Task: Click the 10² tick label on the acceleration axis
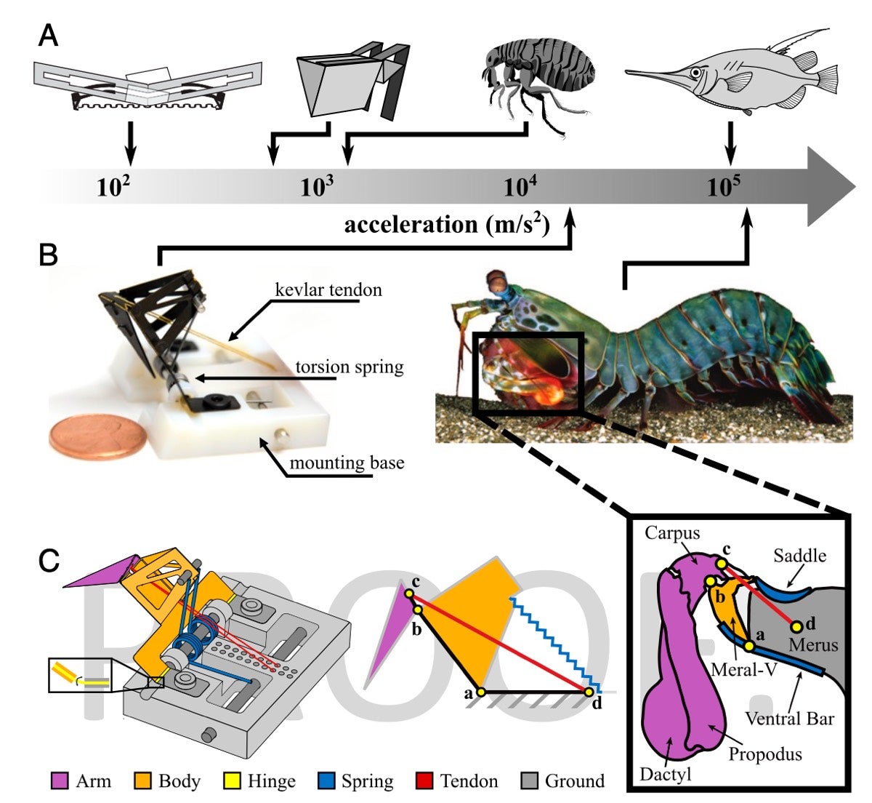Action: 113,187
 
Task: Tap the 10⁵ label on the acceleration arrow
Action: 724,187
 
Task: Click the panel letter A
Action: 49,35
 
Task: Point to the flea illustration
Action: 538,80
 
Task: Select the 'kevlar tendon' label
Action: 328,290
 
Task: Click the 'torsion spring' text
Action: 349,367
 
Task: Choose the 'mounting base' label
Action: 347,463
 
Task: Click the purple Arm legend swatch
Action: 60,781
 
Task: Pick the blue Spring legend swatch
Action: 327,781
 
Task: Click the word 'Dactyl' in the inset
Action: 665,774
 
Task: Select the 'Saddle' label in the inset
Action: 799,556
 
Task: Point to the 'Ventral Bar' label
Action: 789,719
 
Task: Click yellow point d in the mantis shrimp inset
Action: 796,626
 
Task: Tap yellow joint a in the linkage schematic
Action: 480,691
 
